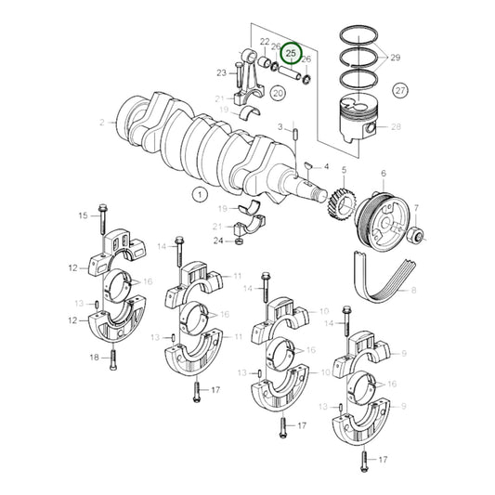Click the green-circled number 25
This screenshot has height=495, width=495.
(292, 54)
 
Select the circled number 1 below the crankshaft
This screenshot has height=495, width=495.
(197, 194)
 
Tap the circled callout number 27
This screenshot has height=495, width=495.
(400, 90)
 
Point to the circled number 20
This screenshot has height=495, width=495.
(278, 93)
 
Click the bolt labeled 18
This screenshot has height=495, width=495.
(113, 357)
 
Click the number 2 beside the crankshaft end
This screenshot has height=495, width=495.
(127, 121)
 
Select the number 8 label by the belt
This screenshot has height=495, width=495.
(414, 291)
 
